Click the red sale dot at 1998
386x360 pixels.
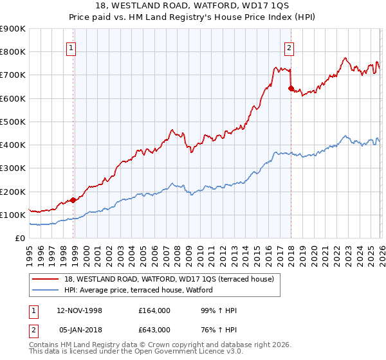73,200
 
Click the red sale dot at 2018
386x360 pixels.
291,88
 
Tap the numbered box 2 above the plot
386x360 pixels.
289,47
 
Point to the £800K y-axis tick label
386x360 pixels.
13,52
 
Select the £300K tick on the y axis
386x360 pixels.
13,168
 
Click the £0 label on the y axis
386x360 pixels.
19,239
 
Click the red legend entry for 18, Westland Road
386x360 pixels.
169,279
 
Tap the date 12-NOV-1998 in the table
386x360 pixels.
80,310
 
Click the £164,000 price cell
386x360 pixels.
154,310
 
